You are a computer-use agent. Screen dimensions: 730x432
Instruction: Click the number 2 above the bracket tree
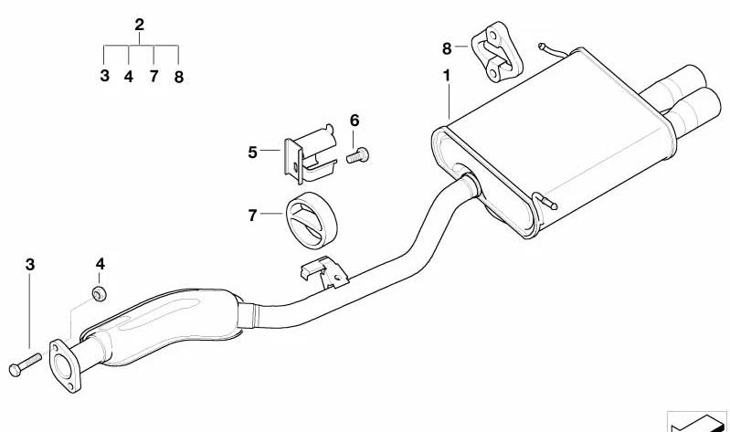[139, 25]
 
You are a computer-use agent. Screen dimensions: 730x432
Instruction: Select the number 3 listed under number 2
[105, 76]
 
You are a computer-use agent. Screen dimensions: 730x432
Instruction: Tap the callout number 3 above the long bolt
[30, 265]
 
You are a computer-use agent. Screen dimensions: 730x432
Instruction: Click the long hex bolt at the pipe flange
[26, 364]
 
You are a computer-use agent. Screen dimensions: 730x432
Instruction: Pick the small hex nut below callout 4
[100, 294]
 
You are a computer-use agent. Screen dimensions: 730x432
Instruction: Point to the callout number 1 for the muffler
[447, 76]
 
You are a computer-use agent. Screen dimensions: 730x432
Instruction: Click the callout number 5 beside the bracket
[252, 153]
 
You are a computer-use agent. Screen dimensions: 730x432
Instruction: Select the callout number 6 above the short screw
[354, 121]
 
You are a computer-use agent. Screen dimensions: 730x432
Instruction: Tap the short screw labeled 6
[357, 155]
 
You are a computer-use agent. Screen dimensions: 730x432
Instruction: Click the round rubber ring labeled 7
[311, 219]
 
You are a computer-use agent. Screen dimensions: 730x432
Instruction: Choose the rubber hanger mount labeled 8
[497, 52]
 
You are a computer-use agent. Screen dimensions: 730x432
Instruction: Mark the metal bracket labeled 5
[310, 153]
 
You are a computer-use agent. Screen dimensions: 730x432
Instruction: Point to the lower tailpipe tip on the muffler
[693, 111]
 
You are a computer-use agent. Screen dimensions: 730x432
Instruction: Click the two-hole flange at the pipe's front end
[65, 366]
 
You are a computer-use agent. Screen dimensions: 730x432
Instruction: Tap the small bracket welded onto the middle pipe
[325, 272]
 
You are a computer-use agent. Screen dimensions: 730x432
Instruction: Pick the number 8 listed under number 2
[179, 77]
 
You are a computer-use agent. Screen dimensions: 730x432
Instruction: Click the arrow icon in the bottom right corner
[697, 421]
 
